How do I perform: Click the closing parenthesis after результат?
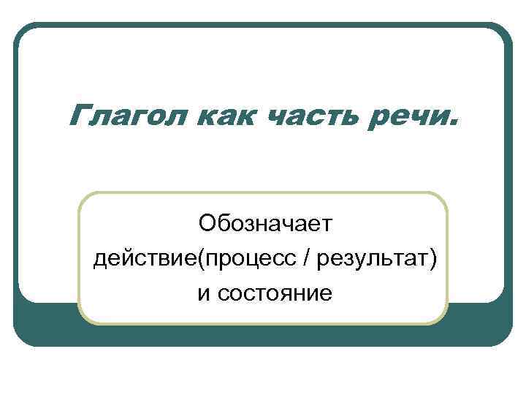[x=433, y=257]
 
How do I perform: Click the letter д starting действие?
[x=100, y=259]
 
